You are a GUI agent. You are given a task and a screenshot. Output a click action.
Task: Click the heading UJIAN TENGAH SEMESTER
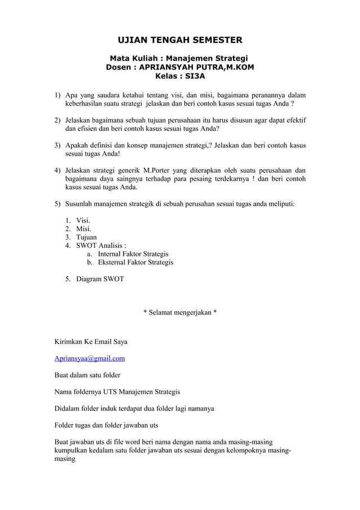tap(179, 41)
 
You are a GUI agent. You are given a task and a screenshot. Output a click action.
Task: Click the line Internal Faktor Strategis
tap(133, 254)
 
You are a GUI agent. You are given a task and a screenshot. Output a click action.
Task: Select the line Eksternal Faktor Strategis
tap(135, 263)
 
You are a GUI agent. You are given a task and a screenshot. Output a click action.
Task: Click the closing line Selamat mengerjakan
tap(180, 312)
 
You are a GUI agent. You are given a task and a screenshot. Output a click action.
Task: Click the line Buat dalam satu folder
tap(87, 374)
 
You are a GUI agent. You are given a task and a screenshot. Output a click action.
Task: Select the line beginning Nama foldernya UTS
tap(117, 391)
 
